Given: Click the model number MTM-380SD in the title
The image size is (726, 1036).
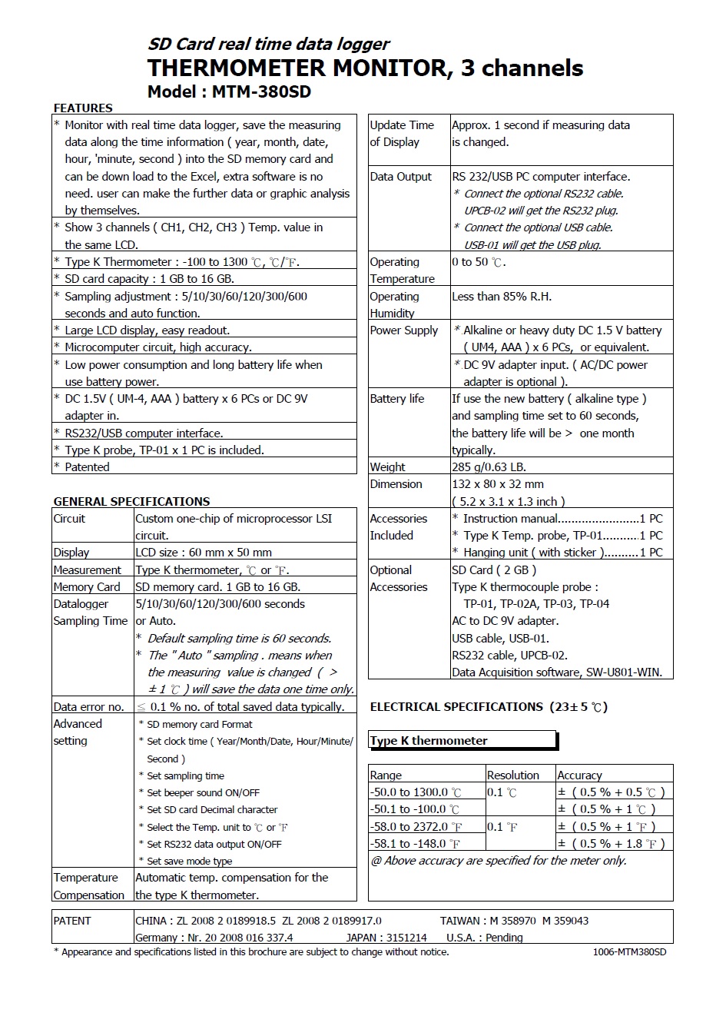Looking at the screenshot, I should [261, 91].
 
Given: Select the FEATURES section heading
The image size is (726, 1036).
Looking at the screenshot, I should [83, 108].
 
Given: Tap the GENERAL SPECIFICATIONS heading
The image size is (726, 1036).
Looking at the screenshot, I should [131, 502].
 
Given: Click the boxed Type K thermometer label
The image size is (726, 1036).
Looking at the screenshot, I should [429, 741].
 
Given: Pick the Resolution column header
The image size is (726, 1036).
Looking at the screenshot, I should [512, 775].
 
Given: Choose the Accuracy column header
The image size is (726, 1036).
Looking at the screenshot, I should [579, 775].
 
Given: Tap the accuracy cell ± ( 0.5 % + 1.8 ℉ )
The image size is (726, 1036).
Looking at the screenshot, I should [611, 844].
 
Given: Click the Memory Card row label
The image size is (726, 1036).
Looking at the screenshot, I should [86, 587].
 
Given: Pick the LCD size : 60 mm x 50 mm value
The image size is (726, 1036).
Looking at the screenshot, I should [204, 553].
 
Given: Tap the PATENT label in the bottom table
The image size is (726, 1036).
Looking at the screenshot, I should [72, 921].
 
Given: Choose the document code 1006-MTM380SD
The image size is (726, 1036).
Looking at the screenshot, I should [629, 952].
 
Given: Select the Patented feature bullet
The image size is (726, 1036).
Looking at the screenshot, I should [87, 467].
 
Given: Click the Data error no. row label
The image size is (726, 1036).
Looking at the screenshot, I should [88, 707].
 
